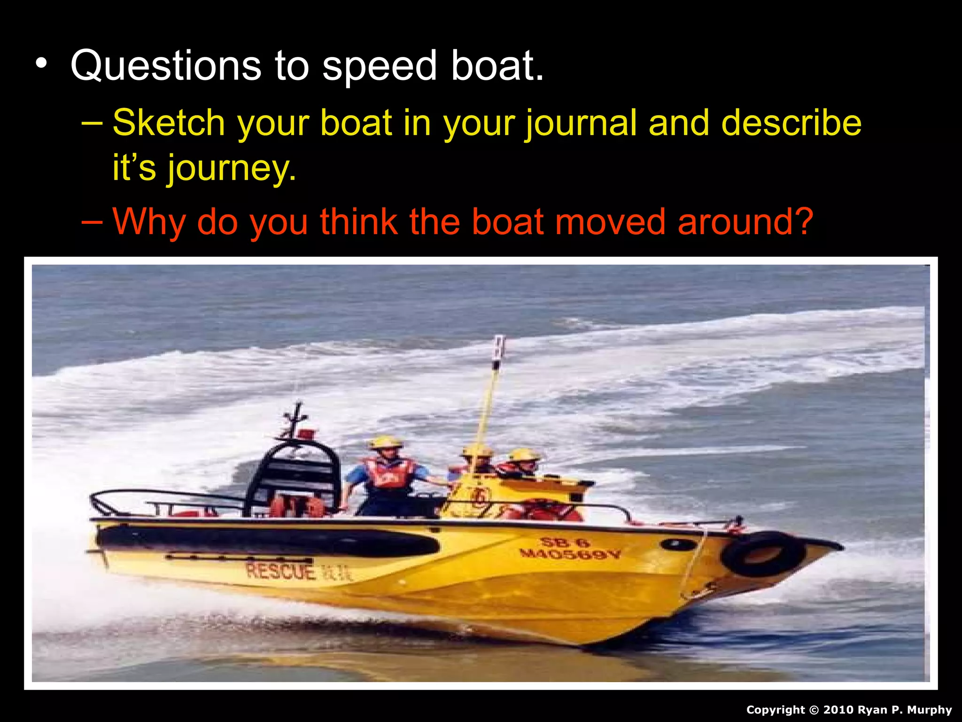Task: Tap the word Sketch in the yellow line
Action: [x=169, y=123]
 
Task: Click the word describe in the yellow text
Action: [x=791, y=123]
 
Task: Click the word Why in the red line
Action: [x=149, y=222]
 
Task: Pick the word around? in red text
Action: [x=745, y=222]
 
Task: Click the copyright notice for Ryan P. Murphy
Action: [x=849, y=710]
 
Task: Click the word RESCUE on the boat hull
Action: [x=280, y=572]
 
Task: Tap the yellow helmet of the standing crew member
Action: [x=385, y=442]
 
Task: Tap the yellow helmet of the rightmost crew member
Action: [x=523, y=455]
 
